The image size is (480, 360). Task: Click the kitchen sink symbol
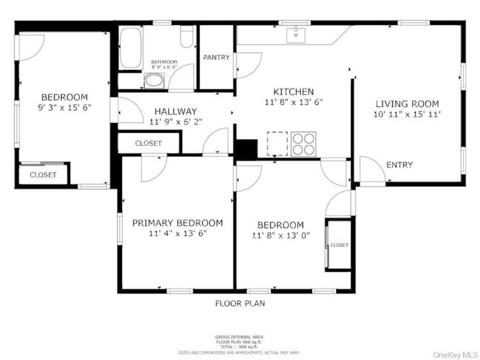click(296, 35)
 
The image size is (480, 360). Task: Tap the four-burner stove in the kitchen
click(303, 144)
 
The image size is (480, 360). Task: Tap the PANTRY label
click(216, 58)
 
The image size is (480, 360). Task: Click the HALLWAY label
click(176, 112)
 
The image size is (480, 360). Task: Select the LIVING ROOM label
click(407, 104)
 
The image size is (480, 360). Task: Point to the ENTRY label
click(399, 165)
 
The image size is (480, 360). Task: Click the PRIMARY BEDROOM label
click(177, 223)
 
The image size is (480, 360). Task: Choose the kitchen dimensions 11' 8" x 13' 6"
click(293, 102)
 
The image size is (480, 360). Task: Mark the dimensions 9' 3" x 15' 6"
click(64, 107)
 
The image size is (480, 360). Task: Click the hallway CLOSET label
click(148, 143)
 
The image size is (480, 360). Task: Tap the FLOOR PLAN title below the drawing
click(240, 303)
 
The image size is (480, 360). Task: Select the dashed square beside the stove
click(277, 143)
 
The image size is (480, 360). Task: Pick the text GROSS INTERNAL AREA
click(239, 337)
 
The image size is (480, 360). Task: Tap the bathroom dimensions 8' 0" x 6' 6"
click(164, 67)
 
